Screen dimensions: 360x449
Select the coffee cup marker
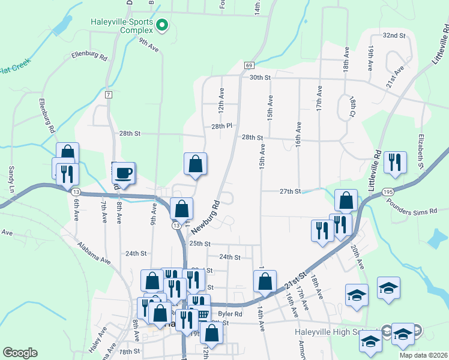pos(124,173)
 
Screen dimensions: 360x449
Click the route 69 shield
pos(249,65)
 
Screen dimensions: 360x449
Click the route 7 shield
pos(108,95)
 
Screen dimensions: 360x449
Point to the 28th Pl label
pos(221,127)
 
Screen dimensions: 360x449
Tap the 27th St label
pos(290,191)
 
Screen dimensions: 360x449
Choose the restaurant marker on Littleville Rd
pos(396,162)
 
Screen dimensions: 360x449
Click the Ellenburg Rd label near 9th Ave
pos(88,56)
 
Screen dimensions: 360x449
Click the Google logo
pos(20,353)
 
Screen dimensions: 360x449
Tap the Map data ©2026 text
pos(423,355)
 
